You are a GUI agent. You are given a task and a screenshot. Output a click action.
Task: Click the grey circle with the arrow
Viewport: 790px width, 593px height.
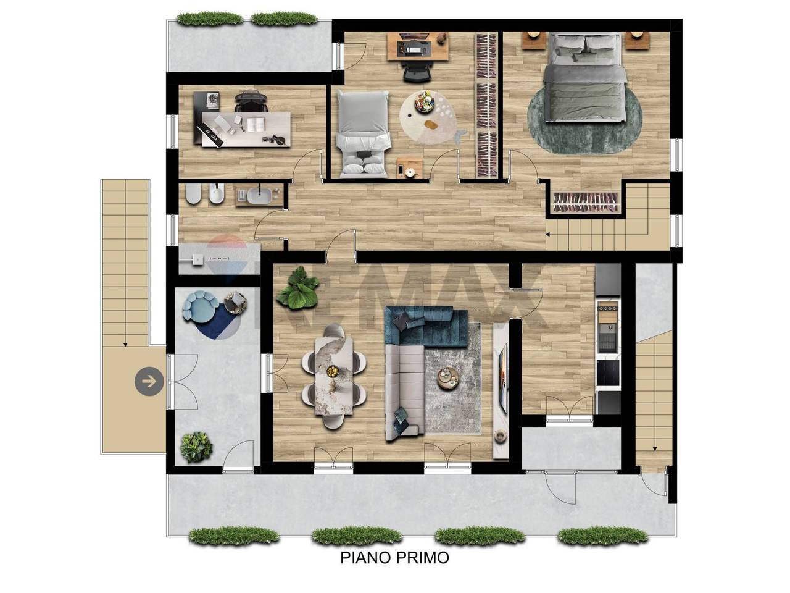pos(149,381)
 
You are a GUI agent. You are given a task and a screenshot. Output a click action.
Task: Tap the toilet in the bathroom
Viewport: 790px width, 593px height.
pos(193,194)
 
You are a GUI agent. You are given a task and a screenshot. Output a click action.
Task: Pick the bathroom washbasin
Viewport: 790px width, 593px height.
pos(259,196)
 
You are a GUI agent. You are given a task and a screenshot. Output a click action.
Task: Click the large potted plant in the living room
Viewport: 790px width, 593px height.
pos(297,288)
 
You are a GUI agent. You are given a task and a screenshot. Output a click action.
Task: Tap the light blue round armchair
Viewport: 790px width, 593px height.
pos(198,306)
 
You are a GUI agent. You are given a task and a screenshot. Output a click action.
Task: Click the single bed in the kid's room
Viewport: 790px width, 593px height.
pos(363,134)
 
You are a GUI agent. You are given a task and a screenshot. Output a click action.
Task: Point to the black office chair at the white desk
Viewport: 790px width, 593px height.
pos(251,102)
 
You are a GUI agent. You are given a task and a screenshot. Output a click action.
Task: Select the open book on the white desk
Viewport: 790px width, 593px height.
pos(256,125)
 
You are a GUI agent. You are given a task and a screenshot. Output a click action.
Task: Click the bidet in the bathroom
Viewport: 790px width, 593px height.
pos(217,195)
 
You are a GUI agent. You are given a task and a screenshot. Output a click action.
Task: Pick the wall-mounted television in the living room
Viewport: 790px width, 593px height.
pos(503,379)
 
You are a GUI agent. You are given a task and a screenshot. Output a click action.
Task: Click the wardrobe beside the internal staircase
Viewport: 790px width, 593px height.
pos(586,203)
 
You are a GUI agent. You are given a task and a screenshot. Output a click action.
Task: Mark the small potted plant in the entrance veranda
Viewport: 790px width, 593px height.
pos(196,448)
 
